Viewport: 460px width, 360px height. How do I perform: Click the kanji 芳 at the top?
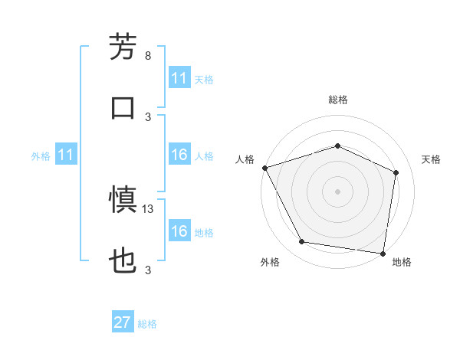pos(123,47)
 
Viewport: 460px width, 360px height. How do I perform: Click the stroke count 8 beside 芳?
pos(148,56)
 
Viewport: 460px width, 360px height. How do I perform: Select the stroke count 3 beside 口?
pos(148,116)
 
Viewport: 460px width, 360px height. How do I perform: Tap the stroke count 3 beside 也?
pos(148,270)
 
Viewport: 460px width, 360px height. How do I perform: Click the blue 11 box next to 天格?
pos(179,79)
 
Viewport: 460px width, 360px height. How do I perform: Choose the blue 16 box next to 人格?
pos(179,155)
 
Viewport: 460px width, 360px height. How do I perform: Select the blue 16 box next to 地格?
pos(179,231)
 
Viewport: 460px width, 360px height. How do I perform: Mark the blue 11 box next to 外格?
pos(66,155)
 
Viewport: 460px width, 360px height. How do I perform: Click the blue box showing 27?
pos(123,322)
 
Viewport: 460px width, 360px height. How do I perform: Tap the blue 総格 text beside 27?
pos(147,324)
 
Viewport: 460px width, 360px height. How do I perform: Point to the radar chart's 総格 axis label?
pos(337,100)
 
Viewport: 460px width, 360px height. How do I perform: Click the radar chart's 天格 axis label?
pos(431,159)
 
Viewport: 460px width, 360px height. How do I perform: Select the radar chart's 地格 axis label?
pos(402,263)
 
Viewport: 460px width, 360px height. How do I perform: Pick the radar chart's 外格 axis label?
pos(270,263)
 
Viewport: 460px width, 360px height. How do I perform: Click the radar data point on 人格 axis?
pos(264,168)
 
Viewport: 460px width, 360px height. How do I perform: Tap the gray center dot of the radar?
pos(337,191)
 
